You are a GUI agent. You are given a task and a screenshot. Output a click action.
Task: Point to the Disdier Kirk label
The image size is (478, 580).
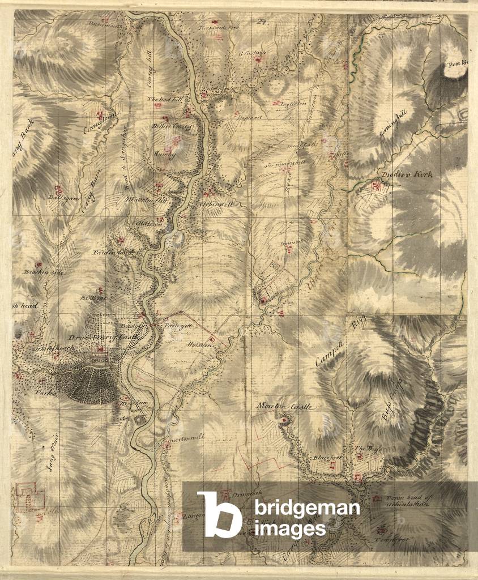407,175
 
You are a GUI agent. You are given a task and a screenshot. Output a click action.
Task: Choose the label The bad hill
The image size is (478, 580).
163,99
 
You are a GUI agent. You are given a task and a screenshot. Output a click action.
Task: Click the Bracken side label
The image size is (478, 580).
44,272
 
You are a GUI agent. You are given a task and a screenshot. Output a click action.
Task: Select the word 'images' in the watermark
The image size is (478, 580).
290,528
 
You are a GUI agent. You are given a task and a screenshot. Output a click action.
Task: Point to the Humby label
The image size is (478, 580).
165,153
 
